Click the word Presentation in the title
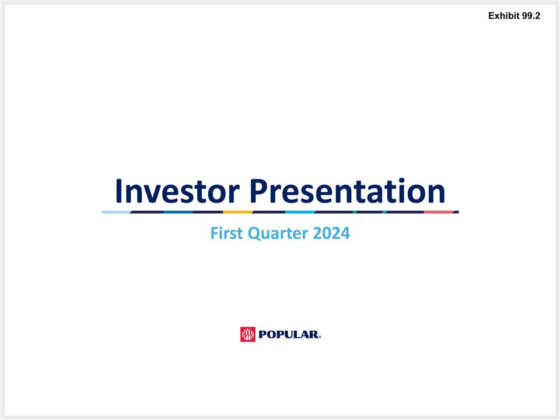click(x=348, y=191)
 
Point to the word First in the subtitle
click(x=226, y=234)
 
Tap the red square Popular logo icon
click(x=248, y=334)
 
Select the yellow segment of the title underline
click(x=238, y=212)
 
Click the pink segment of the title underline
click(x=439, y=212)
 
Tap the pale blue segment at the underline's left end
click(x=116, y=212)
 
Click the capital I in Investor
click(x=119, y=191)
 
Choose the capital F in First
click(x=213, y=234)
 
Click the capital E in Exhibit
click(x=492, y=16)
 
